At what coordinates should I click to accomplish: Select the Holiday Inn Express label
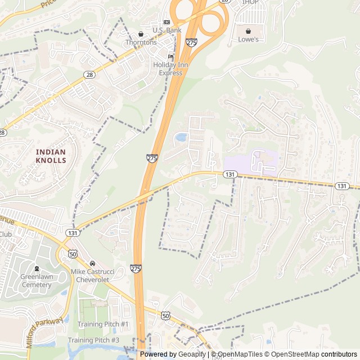[x=171, y=69]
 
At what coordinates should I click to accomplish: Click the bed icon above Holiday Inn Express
[x=171, y=57]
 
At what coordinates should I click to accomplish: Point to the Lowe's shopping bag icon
[x=248, y=31]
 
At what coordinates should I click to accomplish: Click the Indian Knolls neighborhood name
[x=51, y=156]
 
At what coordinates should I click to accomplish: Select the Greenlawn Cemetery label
[x=36, y=281]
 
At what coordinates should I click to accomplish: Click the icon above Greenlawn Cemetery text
[x=37, y=269]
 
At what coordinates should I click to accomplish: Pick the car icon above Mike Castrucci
[x=92, y=263]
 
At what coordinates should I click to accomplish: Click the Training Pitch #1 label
[x=103, y=325]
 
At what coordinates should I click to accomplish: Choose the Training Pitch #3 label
[x=93, y=340]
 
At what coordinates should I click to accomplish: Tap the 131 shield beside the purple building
[x=229, y=175]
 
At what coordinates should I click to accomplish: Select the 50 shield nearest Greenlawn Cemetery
[x=73, y=254]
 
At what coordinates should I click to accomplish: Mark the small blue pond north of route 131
[x=181, y=137]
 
